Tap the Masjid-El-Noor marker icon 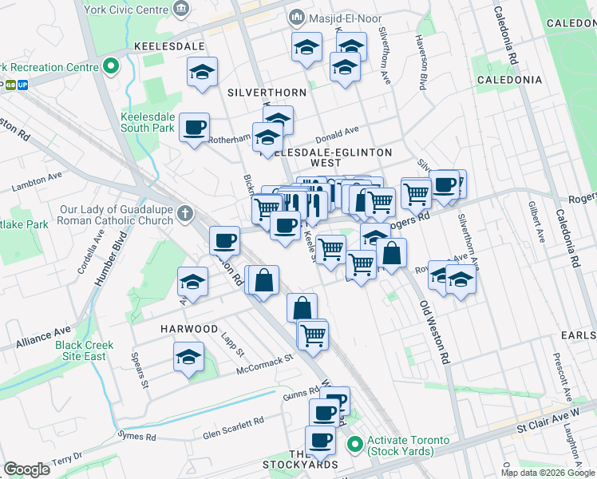click(297, 18)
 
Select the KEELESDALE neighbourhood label click(169, 47)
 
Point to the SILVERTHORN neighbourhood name click(267, 93)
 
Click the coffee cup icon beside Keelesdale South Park click(195, 127)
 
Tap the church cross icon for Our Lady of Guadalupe click(185, 213)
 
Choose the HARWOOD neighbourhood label click(188, 329)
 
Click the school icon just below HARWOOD click(189, 356)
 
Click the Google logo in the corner click(27, 469)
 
